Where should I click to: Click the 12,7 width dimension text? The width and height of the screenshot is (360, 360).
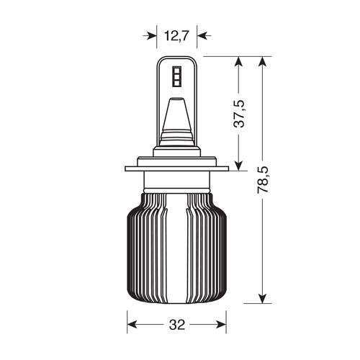176,35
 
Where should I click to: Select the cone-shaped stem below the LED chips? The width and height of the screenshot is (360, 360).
176,115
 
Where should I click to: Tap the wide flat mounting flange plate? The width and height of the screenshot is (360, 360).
176,170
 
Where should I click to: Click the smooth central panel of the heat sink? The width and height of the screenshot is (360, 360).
176,245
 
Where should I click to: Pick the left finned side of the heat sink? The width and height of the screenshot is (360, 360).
144,245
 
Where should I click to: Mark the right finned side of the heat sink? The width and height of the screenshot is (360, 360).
209,245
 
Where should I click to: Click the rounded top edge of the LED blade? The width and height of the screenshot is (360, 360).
176,58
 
